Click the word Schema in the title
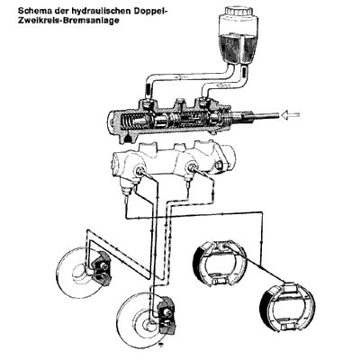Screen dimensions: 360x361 click(24, 8)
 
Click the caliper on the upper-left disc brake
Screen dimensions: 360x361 click(101, 267)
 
